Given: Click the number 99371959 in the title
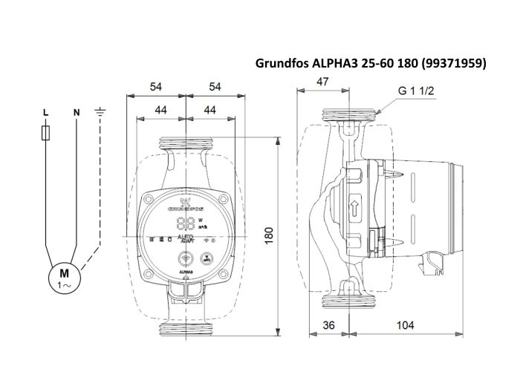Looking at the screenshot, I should click(453, 64).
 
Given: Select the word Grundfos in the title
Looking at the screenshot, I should click(281, 64).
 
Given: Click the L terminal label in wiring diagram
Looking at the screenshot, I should click(46, 112).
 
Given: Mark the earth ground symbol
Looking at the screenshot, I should click(102, 112).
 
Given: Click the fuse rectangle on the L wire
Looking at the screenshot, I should click(46, 133).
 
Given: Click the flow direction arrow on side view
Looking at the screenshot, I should click(354, 206).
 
